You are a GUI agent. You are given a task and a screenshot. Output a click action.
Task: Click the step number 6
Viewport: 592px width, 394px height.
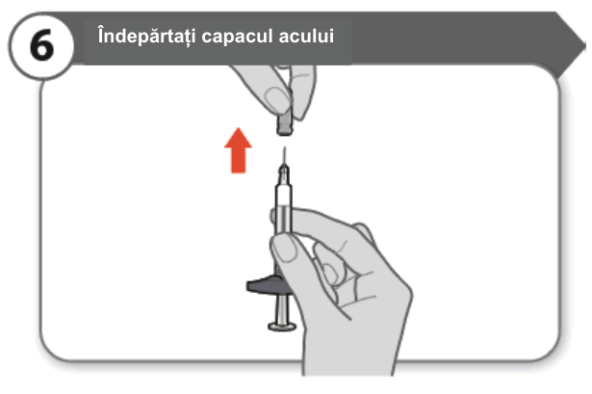click(x=41, y=45)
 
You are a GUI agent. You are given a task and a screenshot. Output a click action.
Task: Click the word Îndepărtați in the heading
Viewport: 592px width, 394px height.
click(x=146, y=36)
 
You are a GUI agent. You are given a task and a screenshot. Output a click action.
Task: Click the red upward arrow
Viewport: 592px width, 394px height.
click(x=238, y=150)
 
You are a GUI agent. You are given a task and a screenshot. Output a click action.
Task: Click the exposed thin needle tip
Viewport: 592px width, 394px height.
click(x=285, y=155)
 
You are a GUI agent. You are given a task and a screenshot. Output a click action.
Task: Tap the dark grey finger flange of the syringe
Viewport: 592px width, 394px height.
click(x=265, y=284)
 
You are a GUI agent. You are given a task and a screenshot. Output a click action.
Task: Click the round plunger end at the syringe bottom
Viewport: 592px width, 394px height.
click(x=282, y=326)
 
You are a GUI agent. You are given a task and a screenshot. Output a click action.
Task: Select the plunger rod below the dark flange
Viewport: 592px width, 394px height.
click(x=282, y=308)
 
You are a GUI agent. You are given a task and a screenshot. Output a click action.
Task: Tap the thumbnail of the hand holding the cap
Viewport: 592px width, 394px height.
click(x=277, y=98)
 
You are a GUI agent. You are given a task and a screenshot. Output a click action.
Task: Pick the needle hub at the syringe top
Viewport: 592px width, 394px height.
click(x=284, y=174)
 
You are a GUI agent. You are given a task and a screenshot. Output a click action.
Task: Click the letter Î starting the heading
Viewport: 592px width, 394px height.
click(x=102, y=36)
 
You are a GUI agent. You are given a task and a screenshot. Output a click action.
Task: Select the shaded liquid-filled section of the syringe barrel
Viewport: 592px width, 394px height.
click(x=284, y=220)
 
